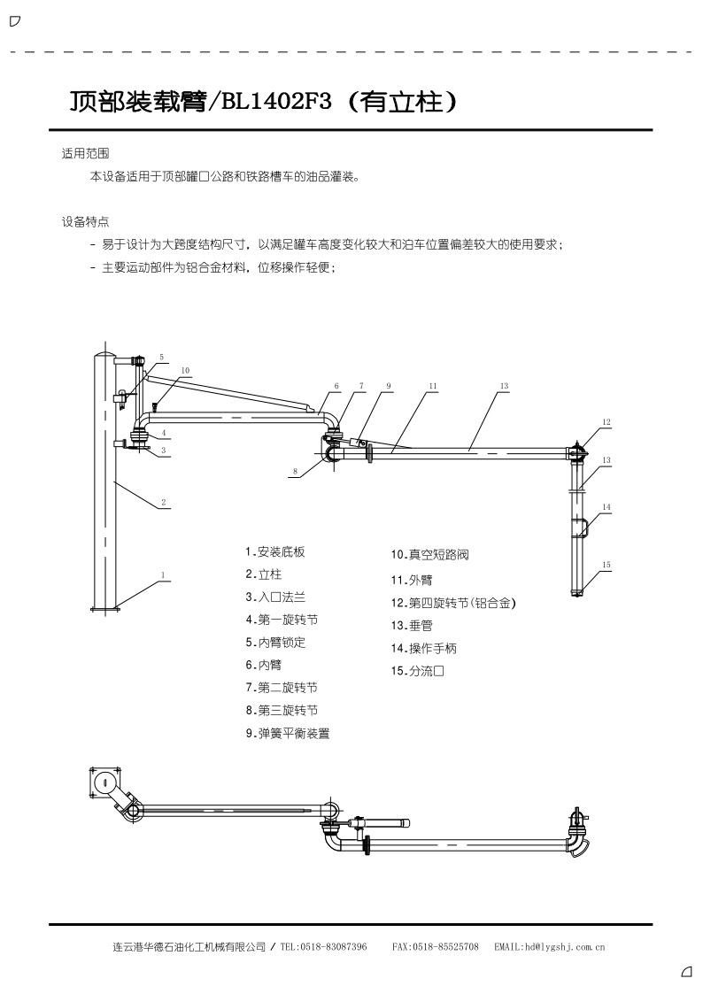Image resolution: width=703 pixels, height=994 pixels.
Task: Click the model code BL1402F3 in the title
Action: click(x=275, y=102)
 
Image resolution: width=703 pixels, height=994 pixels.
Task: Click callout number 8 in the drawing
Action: click(x=296, y=471)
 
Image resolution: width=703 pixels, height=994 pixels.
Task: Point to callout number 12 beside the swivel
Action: click(x=606, y=421)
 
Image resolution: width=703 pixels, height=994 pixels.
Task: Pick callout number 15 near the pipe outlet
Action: click(x=606, y=564)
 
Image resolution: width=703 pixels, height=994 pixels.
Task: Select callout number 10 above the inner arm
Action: click(x=185, y=370)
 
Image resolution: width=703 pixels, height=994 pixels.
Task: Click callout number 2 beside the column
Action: click(x=164, y=502)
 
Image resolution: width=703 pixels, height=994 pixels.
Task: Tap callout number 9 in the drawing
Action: click(x=389, y=385)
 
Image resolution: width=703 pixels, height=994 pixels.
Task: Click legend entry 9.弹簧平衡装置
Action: click(x=288, y=734)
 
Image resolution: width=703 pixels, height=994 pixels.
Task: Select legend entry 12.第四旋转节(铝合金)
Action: click(x=453, y=603)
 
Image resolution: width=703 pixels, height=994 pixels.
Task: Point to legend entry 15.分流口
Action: click(x=417, y=671)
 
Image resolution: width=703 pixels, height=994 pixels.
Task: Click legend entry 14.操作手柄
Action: click(x=423, y=648)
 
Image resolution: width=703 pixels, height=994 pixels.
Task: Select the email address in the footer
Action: click(x=564, y=947)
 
